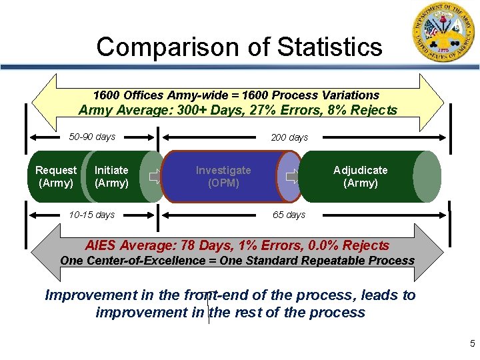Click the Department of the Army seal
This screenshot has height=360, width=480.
443,32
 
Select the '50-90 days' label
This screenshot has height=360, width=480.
93,137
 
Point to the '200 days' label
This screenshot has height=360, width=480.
289,137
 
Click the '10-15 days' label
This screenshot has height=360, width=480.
92,215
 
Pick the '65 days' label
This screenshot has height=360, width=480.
289,215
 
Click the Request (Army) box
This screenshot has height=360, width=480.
56,177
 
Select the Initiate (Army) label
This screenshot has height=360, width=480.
111,177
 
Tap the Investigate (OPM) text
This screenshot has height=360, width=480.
223,177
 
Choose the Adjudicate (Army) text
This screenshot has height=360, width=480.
360,177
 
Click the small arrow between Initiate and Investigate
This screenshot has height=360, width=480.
155,177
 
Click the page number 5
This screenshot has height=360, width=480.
472,344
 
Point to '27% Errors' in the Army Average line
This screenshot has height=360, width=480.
283,110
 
